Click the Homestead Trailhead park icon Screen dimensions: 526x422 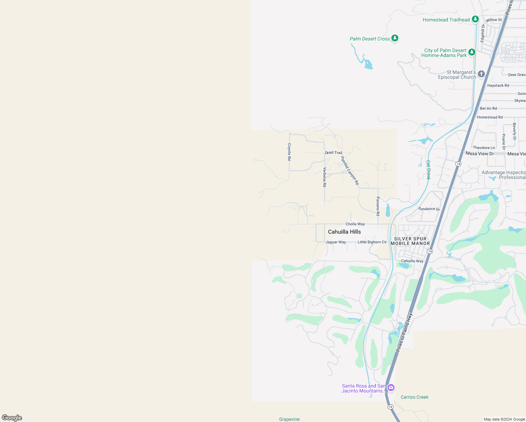(x=475, y=19)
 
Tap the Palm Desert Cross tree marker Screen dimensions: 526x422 (x=395, y=38)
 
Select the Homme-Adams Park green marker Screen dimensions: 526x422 (x=472, y=52)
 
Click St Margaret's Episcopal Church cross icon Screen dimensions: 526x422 (x=481, y=74)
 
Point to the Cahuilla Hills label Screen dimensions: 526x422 (x=344, y=232)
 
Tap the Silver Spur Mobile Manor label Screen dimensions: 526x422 (x=410, y=241)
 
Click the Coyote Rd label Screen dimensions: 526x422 (x=289, y=152)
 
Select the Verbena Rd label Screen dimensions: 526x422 (x=325, y=177)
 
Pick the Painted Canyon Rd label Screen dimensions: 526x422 (x=350, y=171)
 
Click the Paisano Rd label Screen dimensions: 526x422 (x=378, y=206)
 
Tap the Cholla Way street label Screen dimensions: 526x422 (x=355, y=224)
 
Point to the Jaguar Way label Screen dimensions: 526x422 (x=336, y=242)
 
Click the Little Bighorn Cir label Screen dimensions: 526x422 (x=372, y=242)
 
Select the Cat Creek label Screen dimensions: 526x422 (x=428, y=170)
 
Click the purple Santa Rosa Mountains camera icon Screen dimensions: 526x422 (x=391, y=388)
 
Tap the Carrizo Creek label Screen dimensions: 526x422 (x=415, y=397)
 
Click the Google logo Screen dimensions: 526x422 (x=12, y=418)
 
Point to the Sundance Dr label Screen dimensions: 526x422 (x=429, y=209)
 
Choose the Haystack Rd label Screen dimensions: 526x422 (x=498, y=85)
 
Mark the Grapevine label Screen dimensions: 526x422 (x=289, y=419)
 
